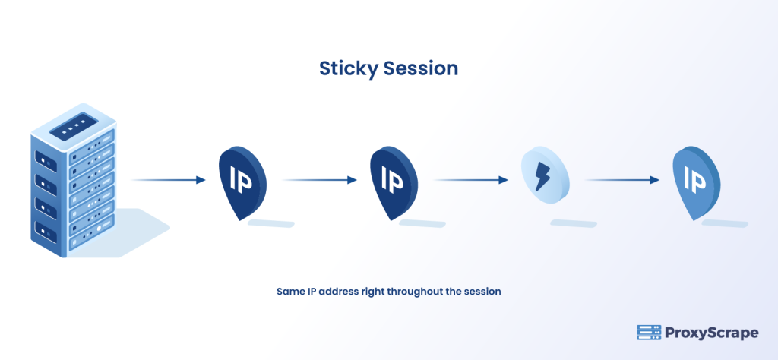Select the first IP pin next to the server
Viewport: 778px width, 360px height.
point(242,181)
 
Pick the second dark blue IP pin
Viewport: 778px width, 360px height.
point(394,181)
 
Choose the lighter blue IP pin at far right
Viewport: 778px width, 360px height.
point(696,181)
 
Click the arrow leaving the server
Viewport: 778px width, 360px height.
point(169,180)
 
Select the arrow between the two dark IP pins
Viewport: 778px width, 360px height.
point(320,180)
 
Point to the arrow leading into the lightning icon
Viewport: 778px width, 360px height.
point(471,180)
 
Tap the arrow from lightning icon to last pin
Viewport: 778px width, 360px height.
point(622,180)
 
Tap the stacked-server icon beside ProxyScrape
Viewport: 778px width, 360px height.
point(648,333)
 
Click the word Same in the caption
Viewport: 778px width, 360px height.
point(289,292)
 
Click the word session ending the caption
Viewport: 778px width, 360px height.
point(484,292)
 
